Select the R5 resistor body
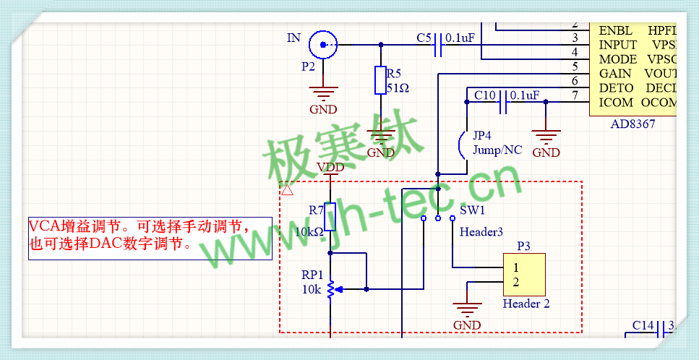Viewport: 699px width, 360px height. pyautogui.click(x=381, y=80)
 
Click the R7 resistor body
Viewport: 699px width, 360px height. pyautogui.click(x=330, y=217)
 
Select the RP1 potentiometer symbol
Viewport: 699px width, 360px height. pyautogui.click(x=330, y=289)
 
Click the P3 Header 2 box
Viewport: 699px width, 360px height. pyautogui.click(x=524, y=275)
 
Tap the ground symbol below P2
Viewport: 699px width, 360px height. pyautogui.click(x=323, y=93)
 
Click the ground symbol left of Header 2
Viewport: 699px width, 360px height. pyautogui.click(x=467, y=311)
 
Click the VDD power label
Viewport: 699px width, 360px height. pyautogui.click(x=330, y=167)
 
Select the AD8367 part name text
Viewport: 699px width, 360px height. pyautogui.click(x=632, y=124)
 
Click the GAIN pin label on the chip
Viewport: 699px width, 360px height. pyautogui.click(x=615, y=74)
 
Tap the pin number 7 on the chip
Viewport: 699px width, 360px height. pyautogui.click(x=575, y=95)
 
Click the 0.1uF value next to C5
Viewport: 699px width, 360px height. pyautogui.click(x=460, y=38)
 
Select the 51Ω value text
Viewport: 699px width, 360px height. pyautogui.click(x=398, y=88)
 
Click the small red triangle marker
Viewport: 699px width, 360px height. pyautogui.click(x=286, y=190)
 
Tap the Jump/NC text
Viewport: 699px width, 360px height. pyautogui.click(x=497, y=150)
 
